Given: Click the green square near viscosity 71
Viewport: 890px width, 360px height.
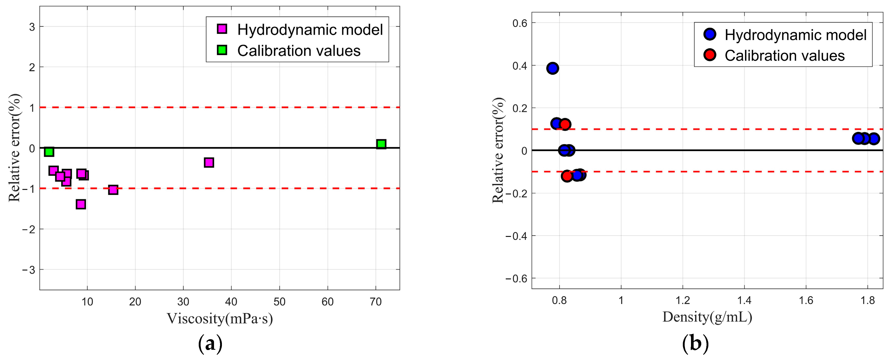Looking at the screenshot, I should [381, 144].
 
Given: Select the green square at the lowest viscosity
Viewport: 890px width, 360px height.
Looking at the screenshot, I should [49, 152].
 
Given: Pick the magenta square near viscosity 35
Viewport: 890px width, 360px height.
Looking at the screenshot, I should [209, 162].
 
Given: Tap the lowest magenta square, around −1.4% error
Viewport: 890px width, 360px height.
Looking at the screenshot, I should [81, 204].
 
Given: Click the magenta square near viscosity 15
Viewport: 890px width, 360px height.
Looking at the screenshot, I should [113, 190].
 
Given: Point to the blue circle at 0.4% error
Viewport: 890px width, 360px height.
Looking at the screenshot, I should [553, 68].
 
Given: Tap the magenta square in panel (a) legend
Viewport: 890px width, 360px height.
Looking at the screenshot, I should [222, 29].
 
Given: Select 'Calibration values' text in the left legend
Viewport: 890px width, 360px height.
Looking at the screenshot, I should [299, 51].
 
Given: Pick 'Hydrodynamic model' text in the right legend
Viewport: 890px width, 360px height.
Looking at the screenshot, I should [795, 35].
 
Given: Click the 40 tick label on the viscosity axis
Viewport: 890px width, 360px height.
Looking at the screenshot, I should [231, 302].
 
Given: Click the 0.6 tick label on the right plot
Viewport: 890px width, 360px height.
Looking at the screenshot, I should [520, 23].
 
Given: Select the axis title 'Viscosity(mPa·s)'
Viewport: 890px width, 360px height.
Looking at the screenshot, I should [220, 318].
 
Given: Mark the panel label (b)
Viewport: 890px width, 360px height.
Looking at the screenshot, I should [695, 344].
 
